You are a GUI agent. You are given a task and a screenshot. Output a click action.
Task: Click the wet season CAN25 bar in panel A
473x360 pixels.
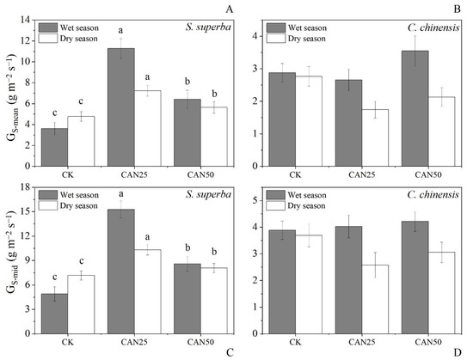(x=120, y=107)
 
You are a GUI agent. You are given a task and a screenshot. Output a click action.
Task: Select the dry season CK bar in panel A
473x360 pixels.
(x=82, y=141)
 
